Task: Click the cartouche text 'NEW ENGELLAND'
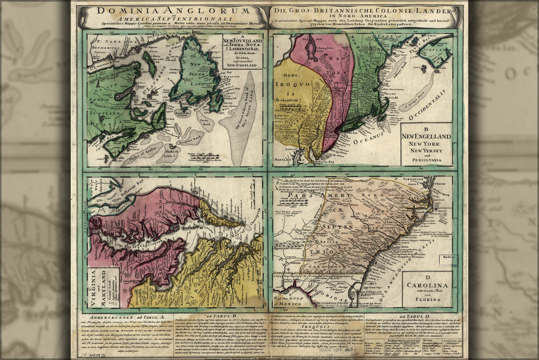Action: click(426, 136)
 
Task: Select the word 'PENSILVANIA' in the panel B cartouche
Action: click(426, 160)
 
